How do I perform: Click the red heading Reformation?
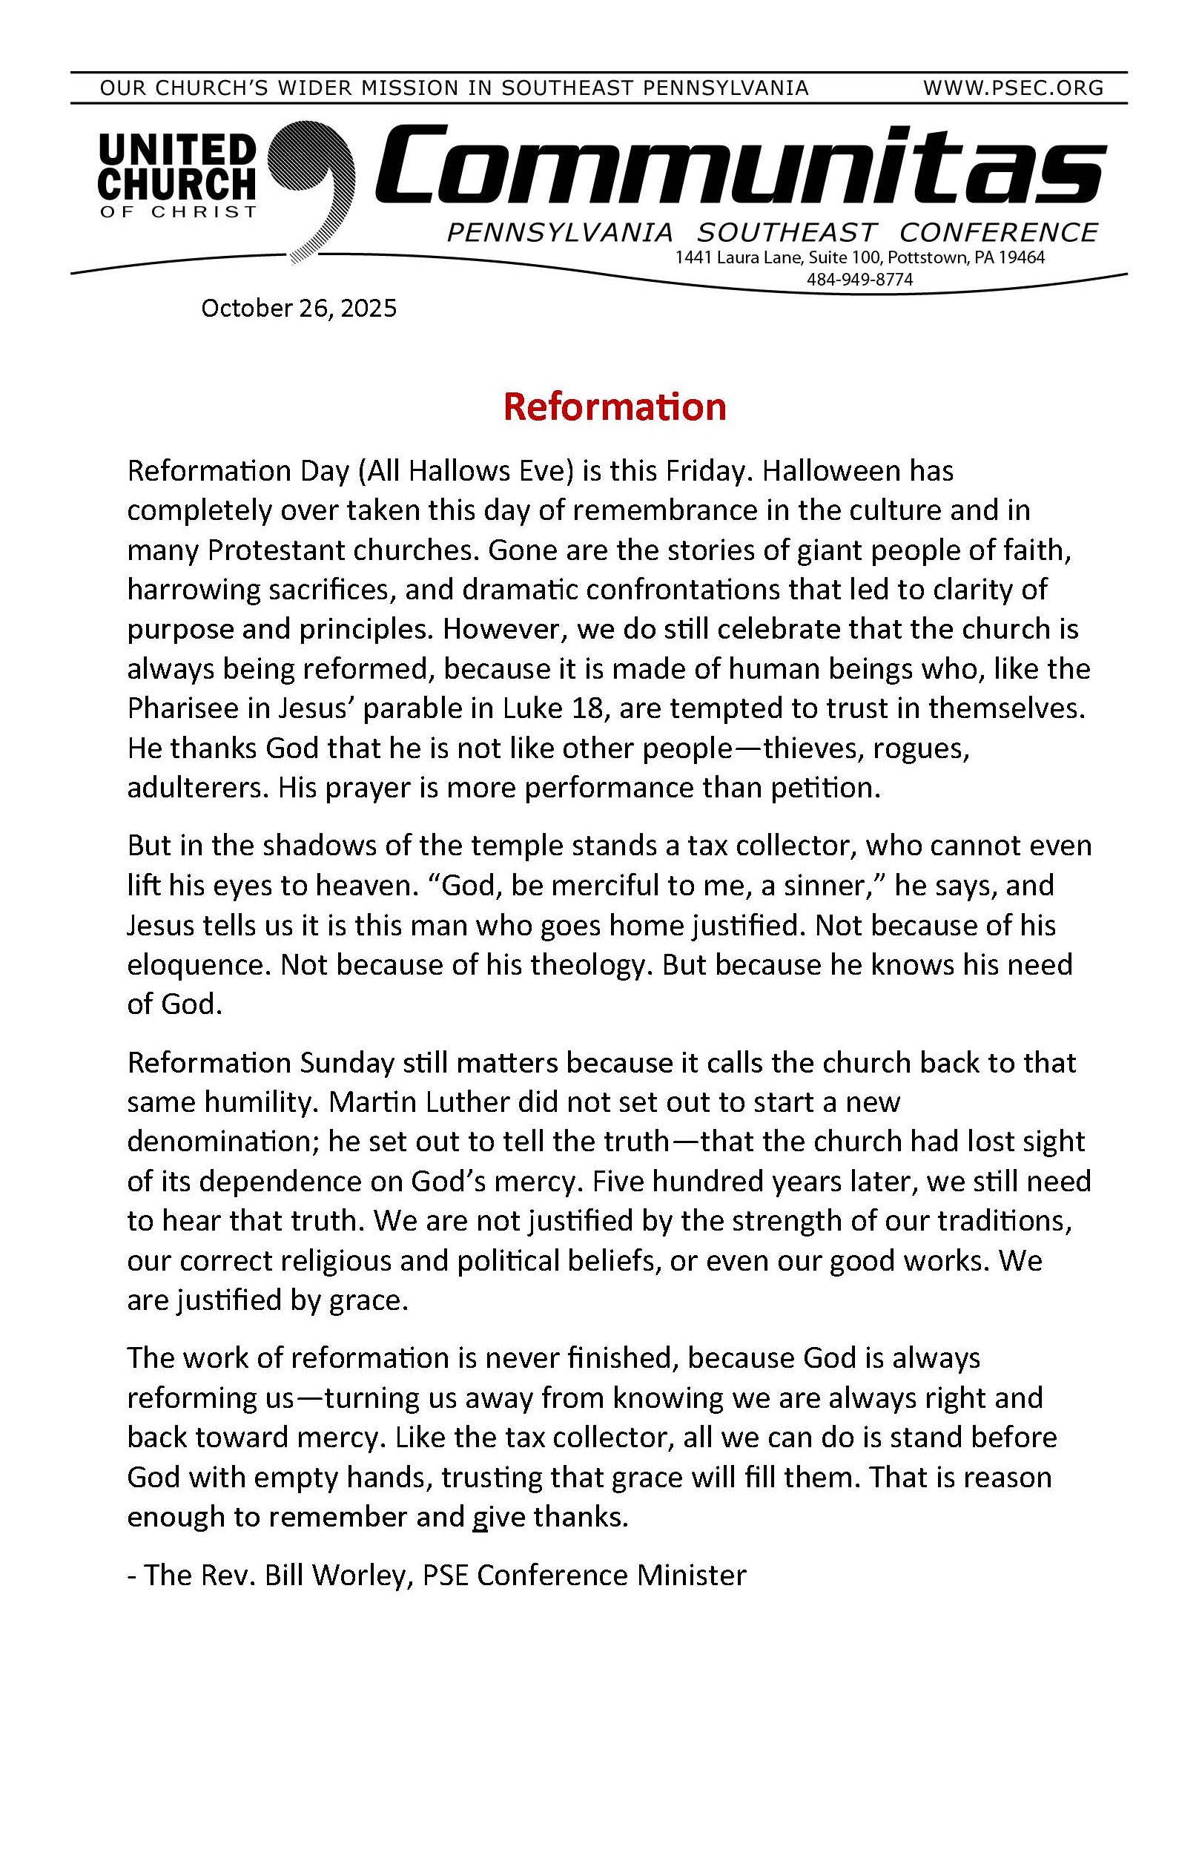614,406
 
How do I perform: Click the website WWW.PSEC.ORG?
1013,88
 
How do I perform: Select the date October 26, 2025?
298,309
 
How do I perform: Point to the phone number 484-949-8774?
859,280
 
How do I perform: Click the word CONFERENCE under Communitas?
998,232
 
